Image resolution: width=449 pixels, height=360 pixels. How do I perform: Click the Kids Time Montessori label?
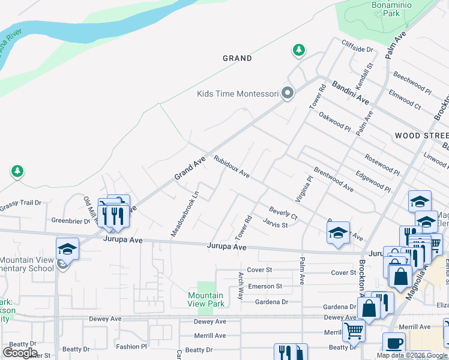(x=238, y=94)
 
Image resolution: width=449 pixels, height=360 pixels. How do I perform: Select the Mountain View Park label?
(x=205, y=299)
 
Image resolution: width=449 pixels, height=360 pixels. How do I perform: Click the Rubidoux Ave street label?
(x=231, y=167)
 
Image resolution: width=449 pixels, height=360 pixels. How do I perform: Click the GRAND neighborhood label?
(x=237, y=58)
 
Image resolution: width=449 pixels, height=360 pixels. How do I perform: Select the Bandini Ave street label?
(x=350, y=92)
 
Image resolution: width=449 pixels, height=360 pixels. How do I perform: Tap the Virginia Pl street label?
(x=304, y=188)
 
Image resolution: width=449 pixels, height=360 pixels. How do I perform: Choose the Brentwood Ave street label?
(x=333, y=179)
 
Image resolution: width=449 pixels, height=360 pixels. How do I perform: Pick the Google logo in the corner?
(x=20, y=353)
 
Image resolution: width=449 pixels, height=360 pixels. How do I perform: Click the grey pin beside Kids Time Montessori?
(x=288, y=93)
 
